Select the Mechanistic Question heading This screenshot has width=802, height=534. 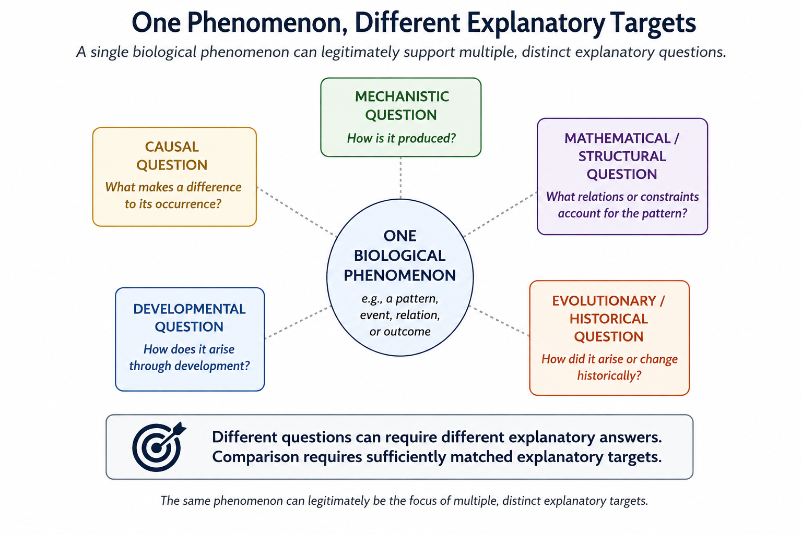[x=402, y=105]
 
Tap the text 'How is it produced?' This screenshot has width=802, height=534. [x=402, y=138]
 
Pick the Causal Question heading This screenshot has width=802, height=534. [x=172, y=155]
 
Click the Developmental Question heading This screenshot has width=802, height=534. [x=189, y=318]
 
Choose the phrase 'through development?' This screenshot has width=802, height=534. [x=190, y=366]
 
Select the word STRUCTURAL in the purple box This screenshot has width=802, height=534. [x=622, y=156]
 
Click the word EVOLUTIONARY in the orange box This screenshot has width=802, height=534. [x=604, y=301]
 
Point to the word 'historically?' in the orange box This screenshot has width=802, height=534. [x=609, y=375]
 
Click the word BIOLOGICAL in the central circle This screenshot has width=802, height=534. [x=399, y=256]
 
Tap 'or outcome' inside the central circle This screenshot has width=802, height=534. [x=400, y=332]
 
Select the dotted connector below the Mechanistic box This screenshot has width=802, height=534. [x=400, y=178]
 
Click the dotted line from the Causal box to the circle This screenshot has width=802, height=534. [x=297, y=211]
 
